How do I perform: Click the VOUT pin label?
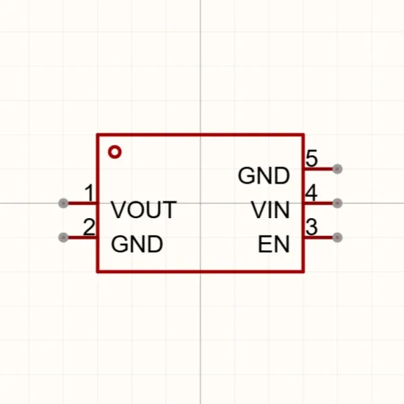(x=144, y=210)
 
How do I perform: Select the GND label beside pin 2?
(x=137, y=244)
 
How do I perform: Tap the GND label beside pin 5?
(x=264, y=176)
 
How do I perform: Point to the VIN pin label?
(x=270, y=210)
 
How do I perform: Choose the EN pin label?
(x=274, y=244)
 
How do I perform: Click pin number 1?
(x=90, y=192)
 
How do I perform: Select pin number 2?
(x=89, y=227)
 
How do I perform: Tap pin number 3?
(x=311, y=227)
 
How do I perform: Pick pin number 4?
(x=311, y=192)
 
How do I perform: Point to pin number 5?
(x=311, y=159)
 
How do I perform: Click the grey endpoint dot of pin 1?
(x=63, y=203)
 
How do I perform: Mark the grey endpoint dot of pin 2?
(x=63, y=237)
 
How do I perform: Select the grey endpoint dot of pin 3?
(x=337, y=237)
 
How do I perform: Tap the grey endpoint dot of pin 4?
(x=337, y=203)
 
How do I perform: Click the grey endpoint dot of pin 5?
(x=337, y=169)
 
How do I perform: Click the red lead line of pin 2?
(x=82, y=237)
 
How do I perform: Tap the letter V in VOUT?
(x=118, y=210)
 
